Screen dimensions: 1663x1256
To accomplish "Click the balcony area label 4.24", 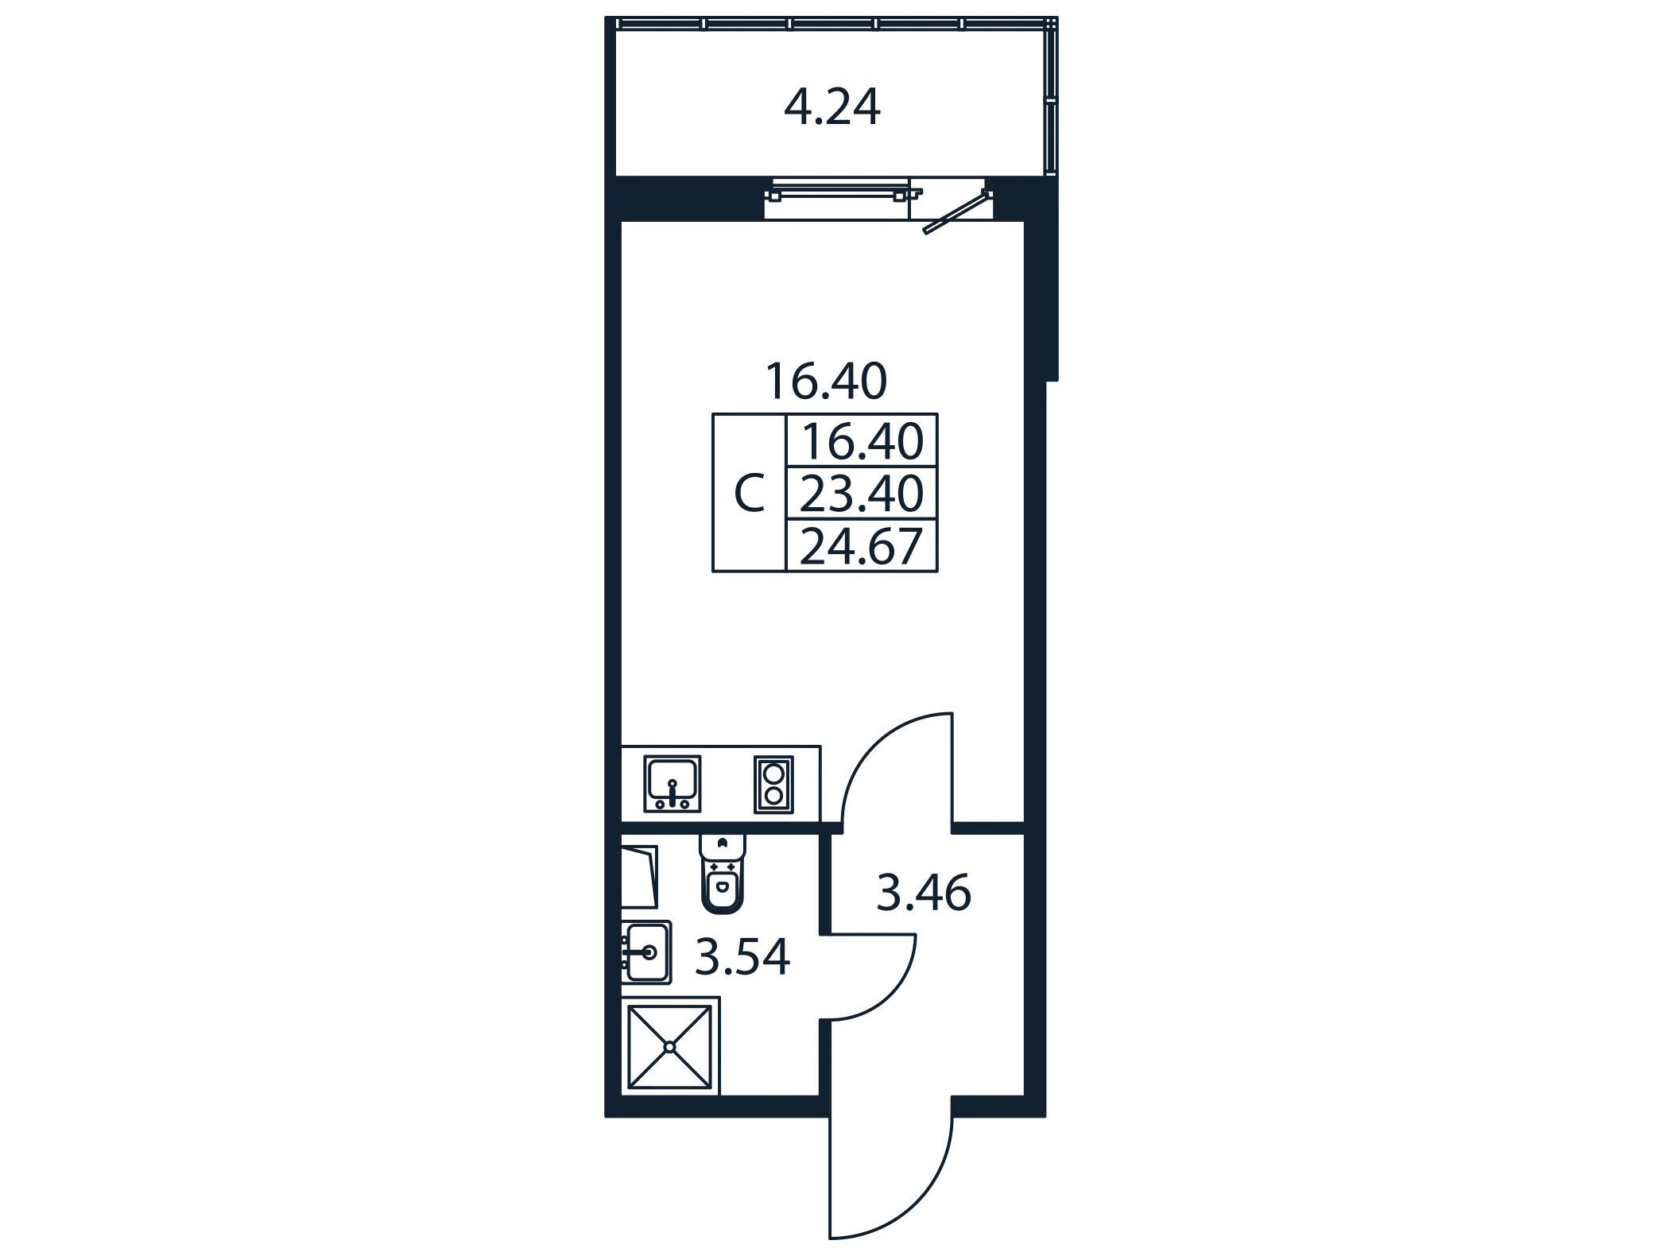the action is coord(832,108).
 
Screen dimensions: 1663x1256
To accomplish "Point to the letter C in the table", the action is coord(749,494).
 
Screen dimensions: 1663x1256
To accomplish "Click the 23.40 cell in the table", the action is coord(862,494).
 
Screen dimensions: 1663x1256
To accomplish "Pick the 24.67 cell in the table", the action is coord(862,547).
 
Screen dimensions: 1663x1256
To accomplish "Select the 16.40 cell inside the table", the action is coord(864,442).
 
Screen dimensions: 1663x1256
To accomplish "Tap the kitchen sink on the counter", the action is coord(673,784).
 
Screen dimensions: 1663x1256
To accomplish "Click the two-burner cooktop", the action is coord(773,785).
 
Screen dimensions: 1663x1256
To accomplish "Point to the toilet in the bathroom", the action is coord(722,873).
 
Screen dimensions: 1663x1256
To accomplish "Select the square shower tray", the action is coord(670,1047).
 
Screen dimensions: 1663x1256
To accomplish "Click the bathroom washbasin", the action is coord(646,952).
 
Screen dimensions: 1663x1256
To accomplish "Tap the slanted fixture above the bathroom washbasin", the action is coord(640,877).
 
